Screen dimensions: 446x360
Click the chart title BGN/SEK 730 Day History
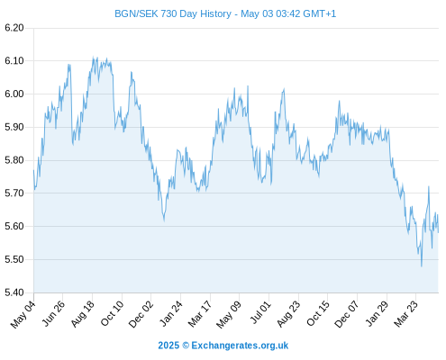[x=173, y=13]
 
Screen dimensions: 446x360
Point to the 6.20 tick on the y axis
[x=14, y=28]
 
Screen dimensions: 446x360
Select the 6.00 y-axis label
[x=14, y=94]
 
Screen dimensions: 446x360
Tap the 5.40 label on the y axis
[x=14, y=292]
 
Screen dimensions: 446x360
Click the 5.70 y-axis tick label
[x=14, y=193]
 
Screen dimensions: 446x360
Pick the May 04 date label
[x=23, y=315]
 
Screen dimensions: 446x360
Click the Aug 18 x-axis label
[x=83, y=314]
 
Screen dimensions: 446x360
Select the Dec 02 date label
[x=141, y=314]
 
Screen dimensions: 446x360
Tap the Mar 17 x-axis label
[x=200, y=314]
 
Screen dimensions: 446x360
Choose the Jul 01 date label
[x=260, y=313]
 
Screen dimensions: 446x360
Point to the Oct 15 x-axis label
[x=318, y=314]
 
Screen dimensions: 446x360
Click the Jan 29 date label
[x=378, y=314]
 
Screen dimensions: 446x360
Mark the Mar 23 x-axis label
[x=406, y=314]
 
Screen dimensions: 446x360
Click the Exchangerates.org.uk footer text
[x=240, y=346]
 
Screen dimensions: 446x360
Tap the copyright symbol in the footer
[x=186, y=346]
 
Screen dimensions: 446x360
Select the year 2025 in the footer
[x=168, y=346]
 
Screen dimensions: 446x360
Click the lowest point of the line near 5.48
[x=422, y=266]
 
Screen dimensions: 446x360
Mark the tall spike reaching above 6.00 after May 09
[x=248, y=86]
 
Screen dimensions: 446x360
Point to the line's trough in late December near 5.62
[x=164, y=221]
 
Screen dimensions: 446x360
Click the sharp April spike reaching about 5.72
[x=429, y=186]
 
